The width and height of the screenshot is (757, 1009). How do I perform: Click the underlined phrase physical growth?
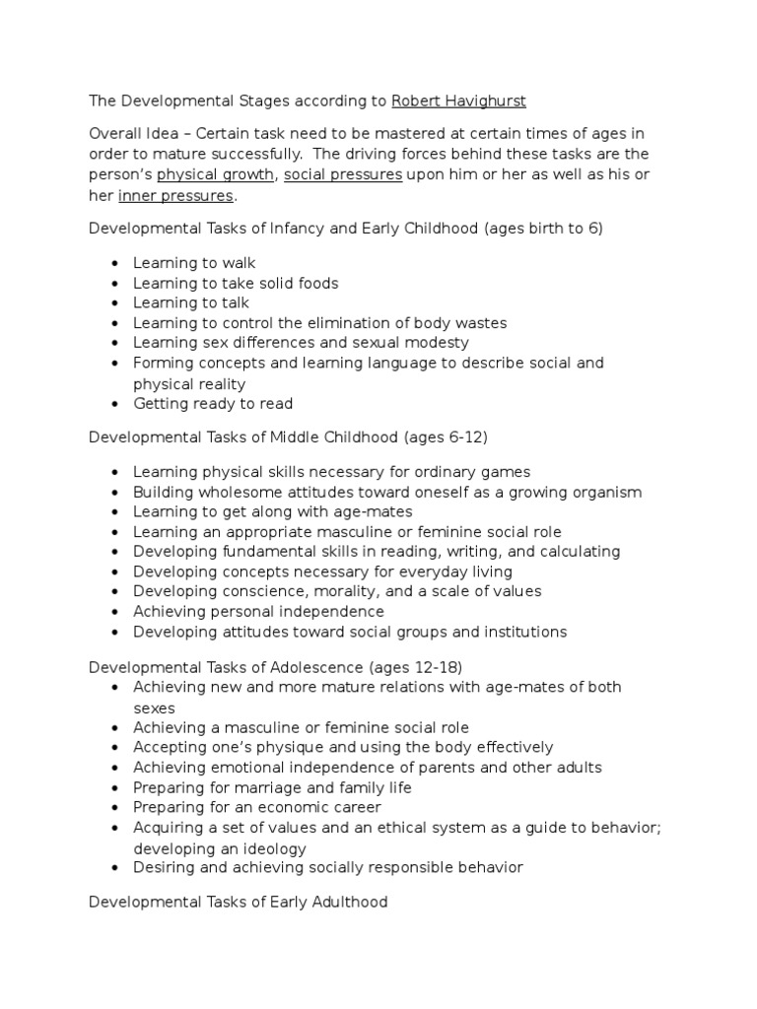[x=216, y=175]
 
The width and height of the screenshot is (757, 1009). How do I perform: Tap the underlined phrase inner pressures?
[x=175, y=196]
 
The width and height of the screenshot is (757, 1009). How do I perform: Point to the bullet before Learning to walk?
[x=116, y=263]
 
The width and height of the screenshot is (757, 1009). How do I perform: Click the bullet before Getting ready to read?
[x=116, y=404]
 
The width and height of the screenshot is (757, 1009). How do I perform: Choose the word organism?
[x=599, y=492]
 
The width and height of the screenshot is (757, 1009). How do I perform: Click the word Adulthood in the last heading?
[x=344, y=902]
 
